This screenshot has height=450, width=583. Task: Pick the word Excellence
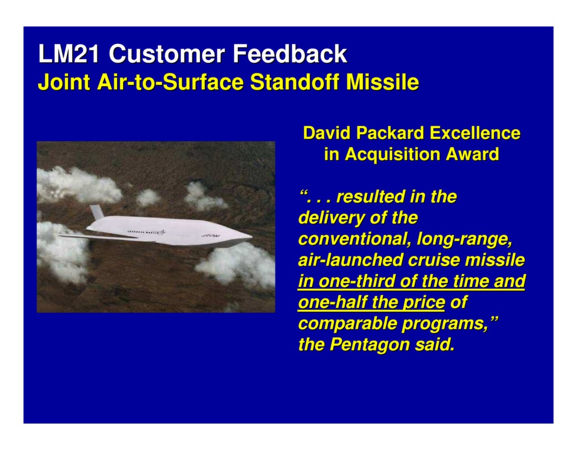tap(475, 133)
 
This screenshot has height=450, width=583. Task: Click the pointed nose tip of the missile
tap(251, 234)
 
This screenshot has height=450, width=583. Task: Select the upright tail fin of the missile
tap(97, 213)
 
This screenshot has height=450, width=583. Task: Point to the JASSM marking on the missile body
tap(209, 235)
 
